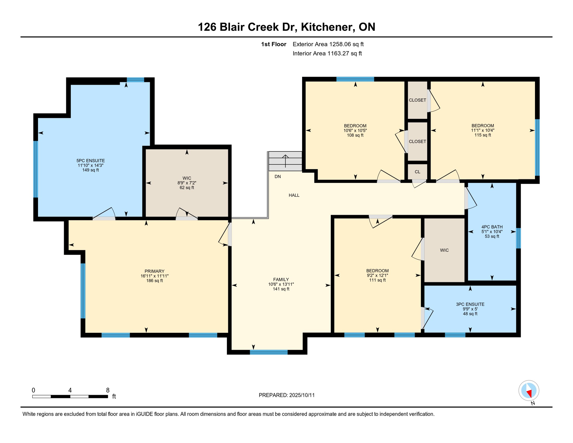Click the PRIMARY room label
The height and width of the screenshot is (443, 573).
pyautogui.click(x=154, y=271)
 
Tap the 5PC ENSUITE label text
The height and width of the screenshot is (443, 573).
pyautogui.click(x=91, y=161)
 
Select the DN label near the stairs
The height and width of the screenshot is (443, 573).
pyautogui.click(x=278, y=177)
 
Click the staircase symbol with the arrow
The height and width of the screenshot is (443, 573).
pyautogui.click(x=285, y=161)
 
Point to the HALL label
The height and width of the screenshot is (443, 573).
pyautogui.click(x=294, y=195)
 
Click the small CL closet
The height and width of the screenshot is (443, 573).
pyautogui.click(x=417, y=172)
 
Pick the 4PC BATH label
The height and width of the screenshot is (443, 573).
pyautogui.click(x=492, y=227)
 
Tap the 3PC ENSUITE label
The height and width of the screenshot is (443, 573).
pyautogui.click(x=470, y=304)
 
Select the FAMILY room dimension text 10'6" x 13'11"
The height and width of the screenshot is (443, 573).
pyautogui.click(x=281, y=284)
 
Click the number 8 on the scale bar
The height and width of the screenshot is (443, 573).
pyautogui.click(x=108, y=390)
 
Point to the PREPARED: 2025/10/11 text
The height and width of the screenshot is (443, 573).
pyautogui.click(x=286, y=395)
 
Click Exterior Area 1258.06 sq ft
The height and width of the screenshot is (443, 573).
pyautogui.click(x=328, y=44)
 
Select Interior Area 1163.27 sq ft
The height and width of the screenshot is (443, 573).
pyautogui.click(x=327, y=53)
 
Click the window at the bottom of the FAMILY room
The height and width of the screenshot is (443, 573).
pyautogui.click(x=269, y=352)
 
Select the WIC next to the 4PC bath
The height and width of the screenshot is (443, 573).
pyautogui.click(x=444, y=250)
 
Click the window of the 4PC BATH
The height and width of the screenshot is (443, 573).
pyautogui.click(x=518, y=238)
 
